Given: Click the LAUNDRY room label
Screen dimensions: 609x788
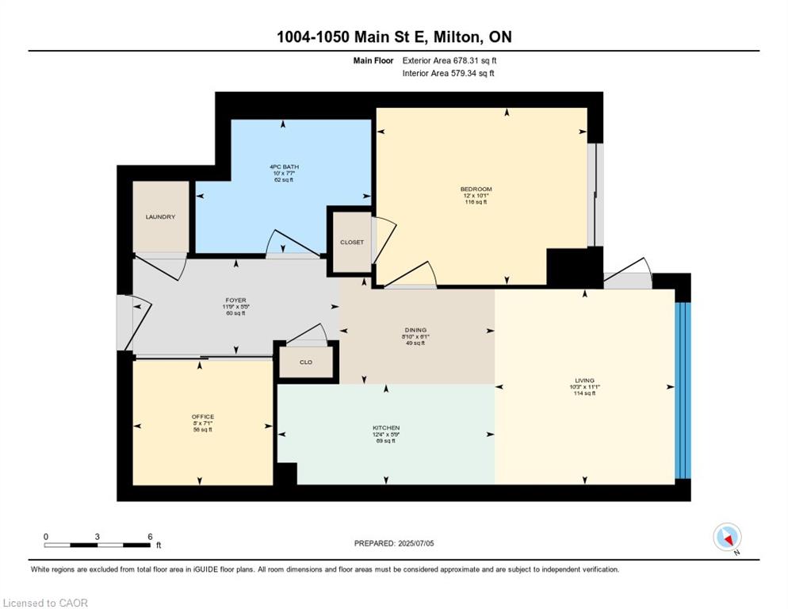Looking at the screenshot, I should click(x=160, y=216).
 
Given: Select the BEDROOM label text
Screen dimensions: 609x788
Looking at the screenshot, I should click(x=476, y=189).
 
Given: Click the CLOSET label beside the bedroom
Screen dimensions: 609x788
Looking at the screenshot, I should click(x=351, y=242).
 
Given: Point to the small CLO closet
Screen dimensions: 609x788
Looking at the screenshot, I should click(x=306, y=362).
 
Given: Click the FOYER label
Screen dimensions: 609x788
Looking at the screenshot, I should click(x=235, y=301).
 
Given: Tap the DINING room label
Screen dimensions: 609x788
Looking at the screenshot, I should click(x=415, y=330).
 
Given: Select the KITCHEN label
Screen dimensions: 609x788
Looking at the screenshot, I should click(x=385, y=427).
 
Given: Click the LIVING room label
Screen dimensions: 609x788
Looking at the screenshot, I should click(x=585, y=380).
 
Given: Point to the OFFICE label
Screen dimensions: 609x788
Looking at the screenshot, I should click(x=203, y=416).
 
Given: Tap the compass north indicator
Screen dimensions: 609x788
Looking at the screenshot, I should click(x=727, y=538).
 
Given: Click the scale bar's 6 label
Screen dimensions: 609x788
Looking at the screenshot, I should click(x=150, y=536).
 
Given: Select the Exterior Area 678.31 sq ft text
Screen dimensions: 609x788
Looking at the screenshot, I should click(x=449, y=60).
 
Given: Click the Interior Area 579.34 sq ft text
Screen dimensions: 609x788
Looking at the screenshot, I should click(x=449, y=74).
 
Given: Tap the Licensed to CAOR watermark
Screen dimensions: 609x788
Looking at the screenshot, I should click(x=46, y=603).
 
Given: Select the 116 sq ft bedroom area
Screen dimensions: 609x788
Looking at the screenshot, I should click(x=476, y=202).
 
